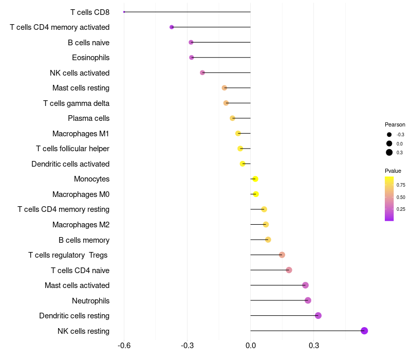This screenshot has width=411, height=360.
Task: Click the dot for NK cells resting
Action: (364, 331)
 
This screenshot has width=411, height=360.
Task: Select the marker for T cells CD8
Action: (124, 12)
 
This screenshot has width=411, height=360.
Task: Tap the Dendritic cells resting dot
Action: (318, 315)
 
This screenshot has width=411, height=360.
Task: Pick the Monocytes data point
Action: (255, 179)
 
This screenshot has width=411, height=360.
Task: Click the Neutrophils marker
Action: (308, 300)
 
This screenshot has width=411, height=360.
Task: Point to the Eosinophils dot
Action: (192, 58)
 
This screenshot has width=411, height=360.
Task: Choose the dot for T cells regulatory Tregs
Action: (282, 255)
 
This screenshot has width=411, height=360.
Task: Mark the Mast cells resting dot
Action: (225, 87)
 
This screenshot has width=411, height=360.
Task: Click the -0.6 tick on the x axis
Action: (124, 346)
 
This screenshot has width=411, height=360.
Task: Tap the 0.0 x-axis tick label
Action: (251, 346)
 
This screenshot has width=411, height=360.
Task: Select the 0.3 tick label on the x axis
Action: (314, 346)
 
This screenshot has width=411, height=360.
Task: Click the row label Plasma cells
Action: (88, 118)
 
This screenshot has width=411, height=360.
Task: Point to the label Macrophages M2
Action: (81, 225)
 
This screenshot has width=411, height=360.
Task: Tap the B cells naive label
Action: (88, 43)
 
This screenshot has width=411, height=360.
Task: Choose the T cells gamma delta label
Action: (76, 103)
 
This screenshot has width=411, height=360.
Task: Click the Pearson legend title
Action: (395, 124)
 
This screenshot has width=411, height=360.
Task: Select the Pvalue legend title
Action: (393, 171)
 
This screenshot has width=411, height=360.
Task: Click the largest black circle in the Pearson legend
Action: (389, 152)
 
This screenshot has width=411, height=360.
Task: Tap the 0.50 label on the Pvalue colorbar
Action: (401, 197)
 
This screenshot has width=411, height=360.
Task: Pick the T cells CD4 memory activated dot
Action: (172, 27)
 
